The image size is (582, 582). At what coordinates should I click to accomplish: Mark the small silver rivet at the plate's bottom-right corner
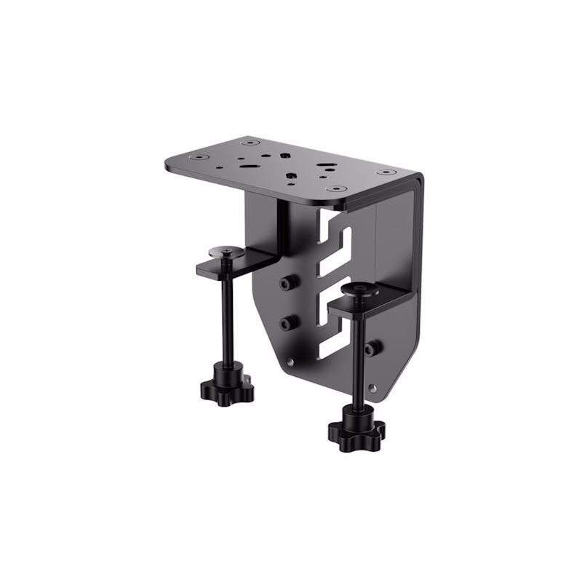coord(374,386)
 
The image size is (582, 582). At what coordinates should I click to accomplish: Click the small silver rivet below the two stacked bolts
coord(290,362)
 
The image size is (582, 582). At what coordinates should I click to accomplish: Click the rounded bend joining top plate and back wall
coord(418,180)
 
